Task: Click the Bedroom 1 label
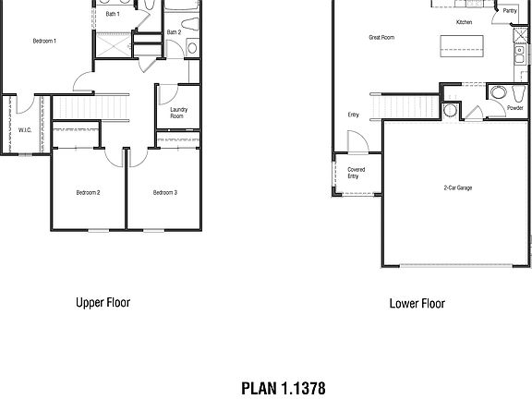pyautogui.click(x=44, y=42)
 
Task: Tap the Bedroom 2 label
pyautogui.click(x=88, y=192)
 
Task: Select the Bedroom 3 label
pyautogui.click(x=164, y=192)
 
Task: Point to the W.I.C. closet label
pyautogui.click(x=25, y=130)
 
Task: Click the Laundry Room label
pyautogui.click(x=177, y=113)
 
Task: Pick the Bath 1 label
pyautogui.click(x=113, y=15)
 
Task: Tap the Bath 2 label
pyautogui.click(x=173, y=32)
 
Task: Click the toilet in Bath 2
pyautogui.click(x=190, y=48)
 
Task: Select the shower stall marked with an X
pyautogui.click(x=112, y=45)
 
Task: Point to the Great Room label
pyautogui.click(x=381, y=38)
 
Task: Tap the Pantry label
pyautogui.click(x=509, y=11)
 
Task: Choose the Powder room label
pyautogui.click(x=515, y=108)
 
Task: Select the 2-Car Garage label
pyautogui.click(x=457, y=187)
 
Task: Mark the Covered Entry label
pyautogui.click(x=357, y=173)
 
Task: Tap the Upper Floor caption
pyautogui.click(x=102, y=302)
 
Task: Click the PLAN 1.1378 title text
pyautogui.click(x=283, y=388)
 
